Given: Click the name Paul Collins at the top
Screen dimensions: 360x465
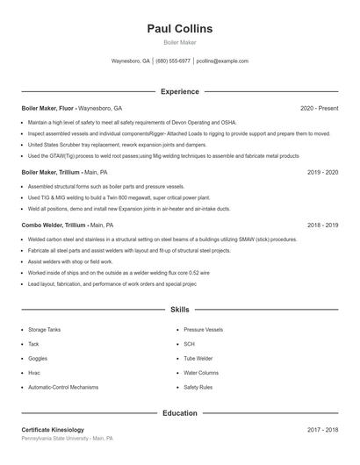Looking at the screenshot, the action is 179,29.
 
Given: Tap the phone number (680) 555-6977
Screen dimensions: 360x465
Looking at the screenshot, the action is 173,61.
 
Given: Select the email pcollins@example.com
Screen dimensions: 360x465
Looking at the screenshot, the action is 222,61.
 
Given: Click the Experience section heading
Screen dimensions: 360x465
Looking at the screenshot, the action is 179,91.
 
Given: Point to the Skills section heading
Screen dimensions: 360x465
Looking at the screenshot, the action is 179,310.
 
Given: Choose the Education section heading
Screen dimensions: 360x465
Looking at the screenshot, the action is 179,412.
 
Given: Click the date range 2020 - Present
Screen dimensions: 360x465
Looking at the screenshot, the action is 319,108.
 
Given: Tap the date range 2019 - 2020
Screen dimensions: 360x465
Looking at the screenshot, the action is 322,173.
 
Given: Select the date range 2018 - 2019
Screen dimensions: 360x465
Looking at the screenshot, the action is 322,225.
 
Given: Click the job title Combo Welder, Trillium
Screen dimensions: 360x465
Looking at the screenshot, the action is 54,225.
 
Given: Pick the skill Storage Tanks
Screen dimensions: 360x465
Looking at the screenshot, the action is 44,330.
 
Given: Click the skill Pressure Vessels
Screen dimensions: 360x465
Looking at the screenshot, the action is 203,330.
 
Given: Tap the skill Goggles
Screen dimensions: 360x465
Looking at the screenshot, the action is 38,358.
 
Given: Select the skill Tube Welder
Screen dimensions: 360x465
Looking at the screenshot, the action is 198,358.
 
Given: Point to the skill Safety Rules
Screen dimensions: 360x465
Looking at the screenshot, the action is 198,387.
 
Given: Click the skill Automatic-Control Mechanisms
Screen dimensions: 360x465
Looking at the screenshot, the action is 63,387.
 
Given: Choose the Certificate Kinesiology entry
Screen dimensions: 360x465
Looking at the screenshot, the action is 53,430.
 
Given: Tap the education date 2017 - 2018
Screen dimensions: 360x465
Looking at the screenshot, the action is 322,430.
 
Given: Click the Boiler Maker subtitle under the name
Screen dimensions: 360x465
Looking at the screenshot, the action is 179,43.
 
